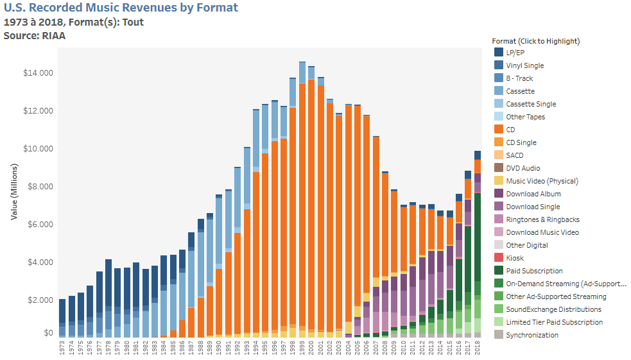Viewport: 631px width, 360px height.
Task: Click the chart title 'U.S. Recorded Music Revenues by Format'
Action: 121,8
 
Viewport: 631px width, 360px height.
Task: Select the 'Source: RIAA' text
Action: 35,36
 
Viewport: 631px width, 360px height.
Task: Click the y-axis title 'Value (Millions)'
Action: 14,186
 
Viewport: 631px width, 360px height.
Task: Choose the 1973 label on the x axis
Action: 62,348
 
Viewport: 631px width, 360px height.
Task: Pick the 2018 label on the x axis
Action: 478,348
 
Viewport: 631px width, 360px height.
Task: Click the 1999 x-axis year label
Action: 302,348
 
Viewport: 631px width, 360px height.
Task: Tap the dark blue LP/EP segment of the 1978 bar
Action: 108,282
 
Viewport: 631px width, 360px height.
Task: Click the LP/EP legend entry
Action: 515,53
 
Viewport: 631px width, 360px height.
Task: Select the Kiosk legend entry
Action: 514,258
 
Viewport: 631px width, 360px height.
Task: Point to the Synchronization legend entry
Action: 532,335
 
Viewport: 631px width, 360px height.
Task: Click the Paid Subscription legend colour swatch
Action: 498,271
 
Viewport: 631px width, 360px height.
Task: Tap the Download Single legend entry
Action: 532,207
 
